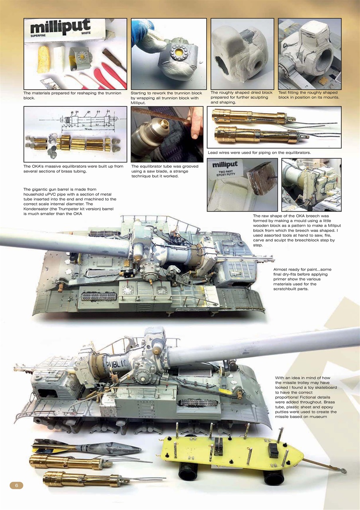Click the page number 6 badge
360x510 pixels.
pos(16,485)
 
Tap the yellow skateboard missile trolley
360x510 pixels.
pos(231,452)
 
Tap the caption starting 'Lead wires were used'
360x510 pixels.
pos(259,153)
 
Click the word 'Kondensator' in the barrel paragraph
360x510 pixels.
pos(39,209)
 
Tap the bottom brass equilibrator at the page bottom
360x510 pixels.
pos(84,479)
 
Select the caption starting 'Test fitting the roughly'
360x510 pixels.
pos(308,95)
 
